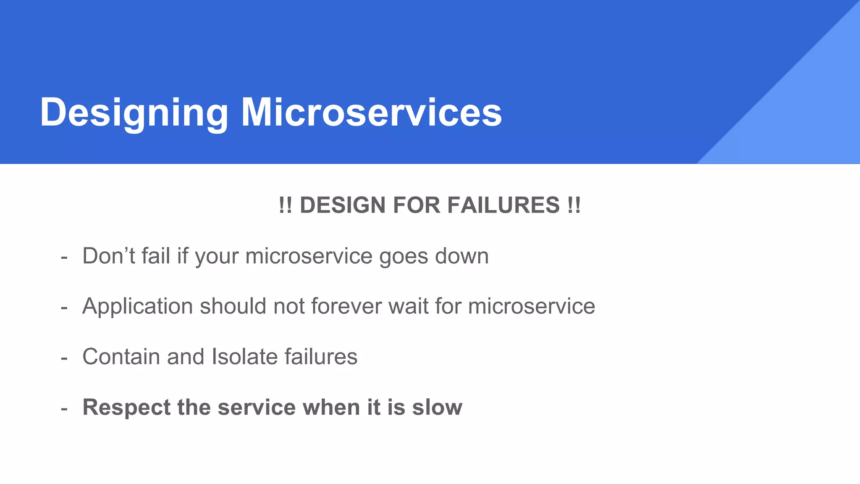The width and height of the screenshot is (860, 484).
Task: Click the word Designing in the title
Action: pyautogui.click(x=134, y=113)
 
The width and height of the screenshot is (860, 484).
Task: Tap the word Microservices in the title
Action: pyautogui.click(x=371, y=113)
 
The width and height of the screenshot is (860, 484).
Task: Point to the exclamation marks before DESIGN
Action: pyautogui.click(x=285, y=205)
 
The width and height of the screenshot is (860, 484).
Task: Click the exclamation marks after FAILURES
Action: pyautogui.click(x=573, y=205)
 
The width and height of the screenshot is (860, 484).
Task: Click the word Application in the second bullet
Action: pyautogui.click(x=137, y=306)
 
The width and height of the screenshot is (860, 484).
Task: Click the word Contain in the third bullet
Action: pyautogui.click(x=121, y=357)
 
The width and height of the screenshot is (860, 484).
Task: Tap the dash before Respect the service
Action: pyautogui.click(x=64, y=408)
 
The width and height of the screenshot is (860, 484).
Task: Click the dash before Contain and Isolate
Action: pyautogui.click(x=64, y=358)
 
